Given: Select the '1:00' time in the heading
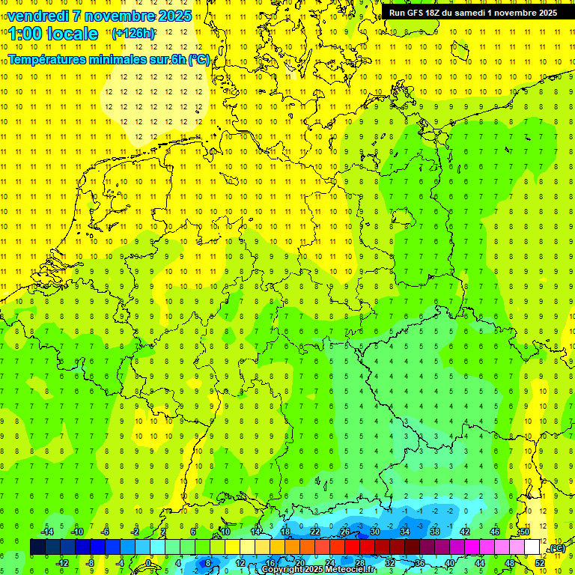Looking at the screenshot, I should [x=25, y=34].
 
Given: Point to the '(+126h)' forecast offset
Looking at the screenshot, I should [x=133, y=34].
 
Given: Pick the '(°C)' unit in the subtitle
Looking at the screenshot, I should [x=198, y=59].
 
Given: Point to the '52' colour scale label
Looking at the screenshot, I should [x=539, y=563].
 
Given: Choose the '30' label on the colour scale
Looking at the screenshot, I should [x=374, y=532].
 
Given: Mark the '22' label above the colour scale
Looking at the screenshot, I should [x=315, y=532].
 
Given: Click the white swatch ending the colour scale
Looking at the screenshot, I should [x=532, y=547].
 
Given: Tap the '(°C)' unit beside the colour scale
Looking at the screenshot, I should [x=556, y=548].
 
